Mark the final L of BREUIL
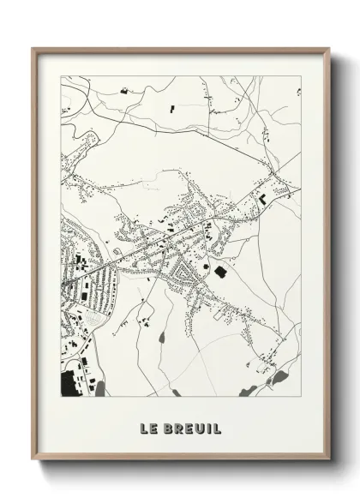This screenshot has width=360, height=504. [216, 427]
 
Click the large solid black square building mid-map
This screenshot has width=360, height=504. [219, 272]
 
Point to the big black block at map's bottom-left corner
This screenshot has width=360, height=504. [69, 387]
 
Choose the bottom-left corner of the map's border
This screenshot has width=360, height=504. [60, 400]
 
